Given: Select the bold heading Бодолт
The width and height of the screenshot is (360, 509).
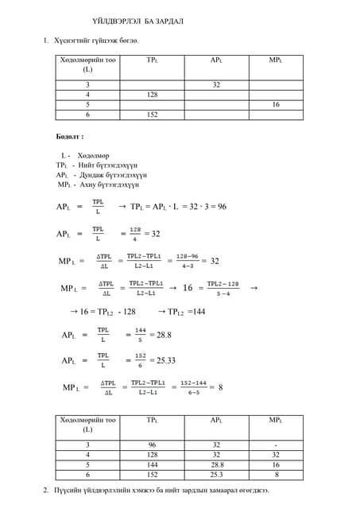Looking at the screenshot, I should pos(71,137).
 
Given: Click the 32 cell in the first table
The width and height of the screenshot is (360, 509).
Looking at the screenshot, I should pos(216,84).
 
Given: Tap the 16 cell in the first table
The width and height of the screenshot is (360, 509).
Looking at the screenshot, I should pos(276,104).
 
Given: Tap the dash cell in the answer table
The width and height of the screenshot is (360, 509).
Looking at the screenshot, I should pos(276,445).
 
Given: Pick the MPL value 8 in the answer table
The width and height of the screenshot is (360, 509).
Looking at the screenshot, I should pos(276,474).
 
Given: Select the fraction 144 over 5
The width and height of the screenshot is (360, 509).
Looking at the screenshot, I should pos(140,336).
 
